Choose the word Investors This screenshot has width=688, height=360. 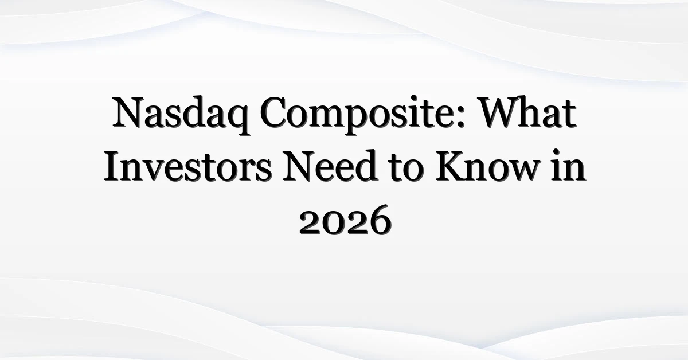click(188, 166)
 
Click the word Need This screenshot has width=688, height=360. click(330, 166)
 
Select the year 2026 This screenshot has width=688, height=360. click(345, 220)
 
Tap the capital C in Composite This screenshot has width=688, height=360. click(273, 112)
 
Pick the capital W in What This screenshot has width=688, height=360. click(500, 112)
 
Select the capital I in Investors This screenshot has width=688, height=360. click(112, 166)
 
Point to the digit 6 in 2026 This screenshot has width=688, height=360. click(380, 220)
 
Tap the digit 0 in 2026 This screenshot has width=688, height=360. click(334, 224)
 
